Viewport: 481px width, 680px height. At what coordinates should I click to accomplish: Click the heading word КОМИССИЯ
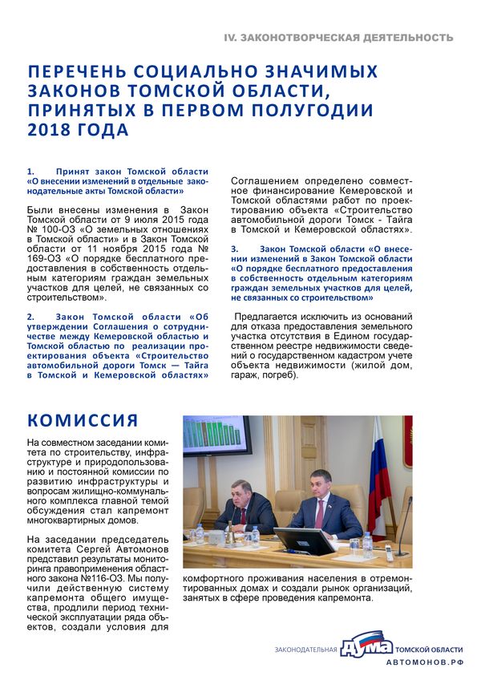pyautogui.click(x=83, y=421)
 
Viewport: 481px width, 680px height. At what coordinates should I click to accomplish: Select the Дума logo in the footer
pyautogui.click(x=366, y=647)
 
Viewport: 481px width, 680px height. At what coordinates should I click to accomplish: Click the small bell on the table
pyautogui.click(x=230, y=535)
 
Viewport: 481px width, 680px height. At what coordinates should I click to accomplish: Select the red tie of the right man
pyautogui.click(x=319, y=513)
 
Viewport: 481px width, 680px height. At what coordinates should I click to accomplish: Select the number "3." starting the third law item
pyautogui.click(x=235, y=249)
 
